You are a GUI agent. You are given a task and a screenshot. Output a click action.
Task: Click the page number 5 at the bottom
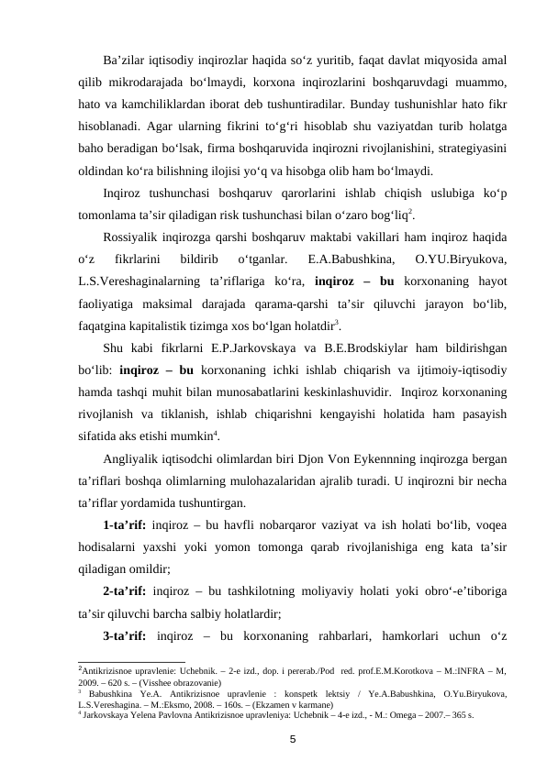coord(292,739)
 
